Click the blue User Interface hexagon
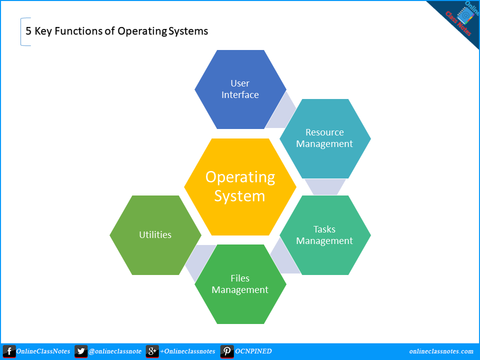240,89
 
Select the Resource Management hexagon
324,138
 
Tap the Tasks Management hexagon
324,235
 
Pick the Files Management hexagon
240,284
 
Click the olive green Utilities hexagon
155,235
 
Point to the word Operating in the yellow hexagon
240,177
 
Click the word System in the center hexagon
239,196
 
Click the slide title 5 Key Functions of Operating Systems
116,31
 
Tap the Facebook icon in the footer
9,351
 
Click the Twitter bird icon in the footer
81,351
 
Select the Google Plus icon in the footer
152,351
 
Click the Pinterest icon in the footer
226,351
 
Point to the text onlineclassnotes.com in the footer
441,351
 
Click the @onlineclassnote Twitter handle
115,351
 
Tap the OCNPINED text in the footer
253,351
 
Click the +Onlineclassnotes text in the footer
187,351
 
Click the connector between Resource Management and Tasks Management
325,186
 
